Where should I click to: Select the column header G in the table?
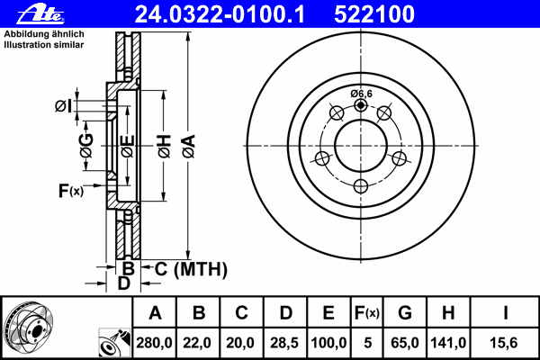click(406, 313)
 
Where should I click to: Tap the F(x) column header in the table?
click(367, 313)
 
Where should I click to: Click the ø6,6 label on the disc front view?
click(362, 94)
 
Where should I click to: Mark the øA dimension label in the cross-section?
click(187, 141)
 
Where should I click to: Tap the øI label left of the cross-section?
click(62, 106)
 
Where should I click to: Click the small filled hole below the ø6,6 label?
click(361, 105)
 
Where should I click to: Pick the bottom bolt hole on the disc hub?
click(361, 185)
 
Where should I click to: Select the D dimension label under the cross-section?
click(124, 283)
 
